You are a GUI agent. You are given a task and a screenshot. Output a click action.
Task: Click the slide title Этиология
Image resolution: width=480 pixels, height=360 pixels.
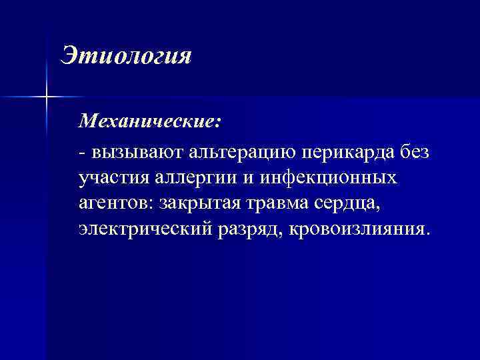point(125,55)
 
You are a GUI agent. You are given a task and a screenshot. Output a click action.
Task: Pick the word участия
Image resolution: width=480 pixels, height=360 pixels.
point(111,179)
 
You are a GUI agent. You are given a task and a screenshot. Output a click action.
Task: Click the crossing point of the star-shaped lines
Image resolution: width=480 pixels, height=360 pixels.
point(47,97)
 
